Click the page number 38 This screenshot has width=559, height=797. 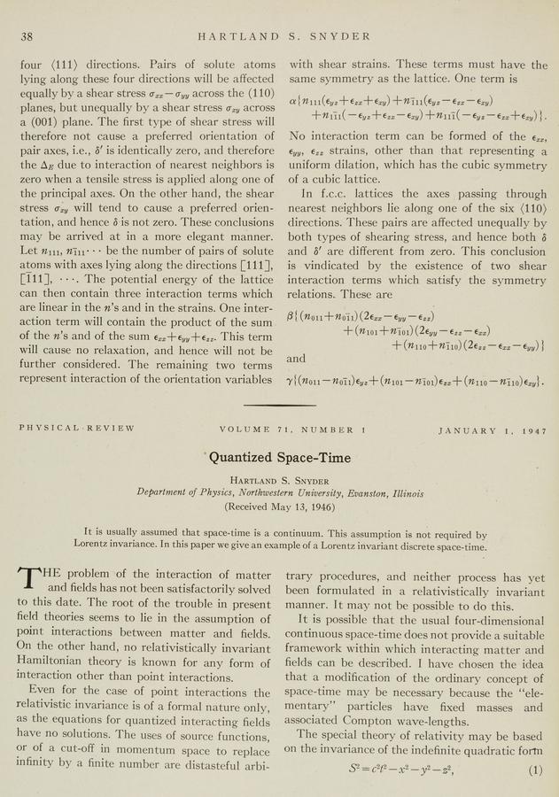[27, 36]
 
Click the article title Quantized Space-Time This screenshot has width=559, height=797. [279, 458]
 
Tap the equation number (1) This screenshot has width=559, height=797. [534, 770]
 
